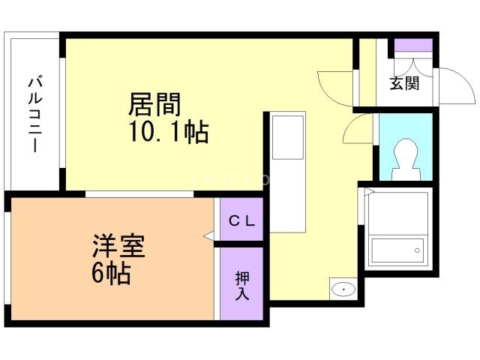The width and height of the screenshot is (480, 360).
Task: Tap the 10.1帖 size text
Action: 168,133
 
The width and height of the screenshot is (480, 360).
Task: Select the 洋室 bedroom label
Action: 118,245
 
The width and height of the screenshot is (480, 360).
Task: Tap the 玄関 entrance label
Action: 404,83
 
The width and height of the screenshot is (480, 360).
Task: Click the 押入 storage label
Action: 241,285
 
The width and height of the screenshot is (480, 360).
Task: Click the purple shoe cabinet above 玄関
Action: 413,45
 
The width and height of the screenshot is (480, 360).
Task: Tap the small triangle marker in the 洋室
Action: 208,236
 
